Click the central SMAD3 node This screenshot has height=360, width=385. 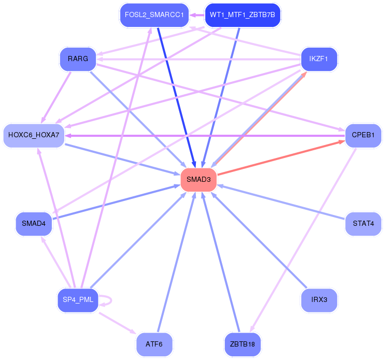(x=198, y=180)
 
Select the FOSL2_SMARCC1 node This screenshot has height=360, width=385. (x=154, y=15)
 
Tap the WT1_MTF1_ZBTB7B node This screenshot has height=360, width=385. (x=243, y=15)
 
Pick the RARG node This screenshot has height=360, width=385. (x=78, y=59)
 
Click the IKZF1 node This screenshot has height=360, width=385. (x=319, y=59)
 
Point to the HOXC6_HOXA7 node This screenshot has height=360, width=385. (x=34, y=136)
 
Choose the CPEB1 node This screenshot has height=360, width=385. (x=363, y=136)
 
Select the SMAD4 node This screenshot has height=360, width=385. (x=34, y=224)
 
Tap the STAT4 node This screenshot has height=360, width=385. (x=363, y=224)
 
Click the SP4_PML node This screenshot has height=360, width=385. (x=78, y=300)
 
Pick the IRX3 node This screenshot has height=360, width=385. (x=319, y=300)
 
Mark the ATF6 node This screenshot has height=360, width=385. (x=154, y=344)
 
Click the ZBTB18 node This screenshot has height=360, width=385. (x=243, y=344)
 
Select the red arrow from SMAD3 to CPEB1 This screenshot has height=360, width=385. (x=281, y=158)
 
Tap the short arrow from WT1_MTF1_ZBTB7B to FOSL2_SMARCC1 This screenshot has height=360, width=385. (x=197, y=15)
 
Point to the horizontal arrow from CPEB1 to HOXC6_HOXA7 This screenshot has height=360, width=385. (x=205, y=136)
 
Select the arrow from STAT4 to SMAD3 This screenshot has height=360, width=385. (x=281, y=202)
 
